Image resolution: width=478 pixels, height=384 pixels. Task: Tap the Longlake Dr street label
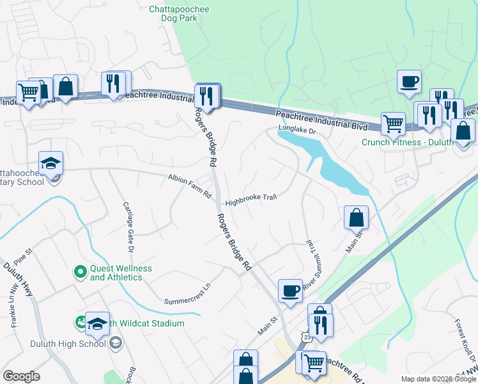click(x=297, y=130)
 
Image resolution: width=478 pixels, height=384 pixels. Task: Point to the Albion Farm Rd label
click(x=189, y=186)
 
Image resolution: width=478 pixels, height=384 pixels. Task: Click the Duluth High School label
click(x=68, y=344)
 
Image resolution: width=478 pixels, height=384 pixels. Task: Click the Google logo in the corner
click(x=21, y=376)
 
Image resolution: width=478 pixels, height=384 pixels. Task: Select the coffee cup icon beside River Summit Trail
click(x=290, y=291)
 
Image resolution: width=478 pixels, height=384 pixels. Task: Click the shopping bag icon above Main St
click(x=356, y=218)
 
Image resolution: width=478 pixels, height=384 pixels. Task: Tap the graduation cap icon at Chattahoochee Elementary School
click(x=50, y=163)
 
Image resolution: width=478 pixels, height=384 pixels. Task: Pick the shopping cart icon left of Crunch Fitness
click(x=393, y=124)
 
